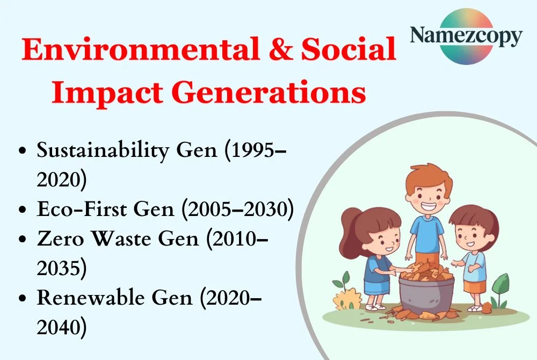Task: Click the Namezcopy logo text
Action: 466,36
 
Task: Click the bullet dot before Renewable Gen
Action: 22,298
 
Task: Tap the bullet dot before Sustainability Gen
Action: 22,152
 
